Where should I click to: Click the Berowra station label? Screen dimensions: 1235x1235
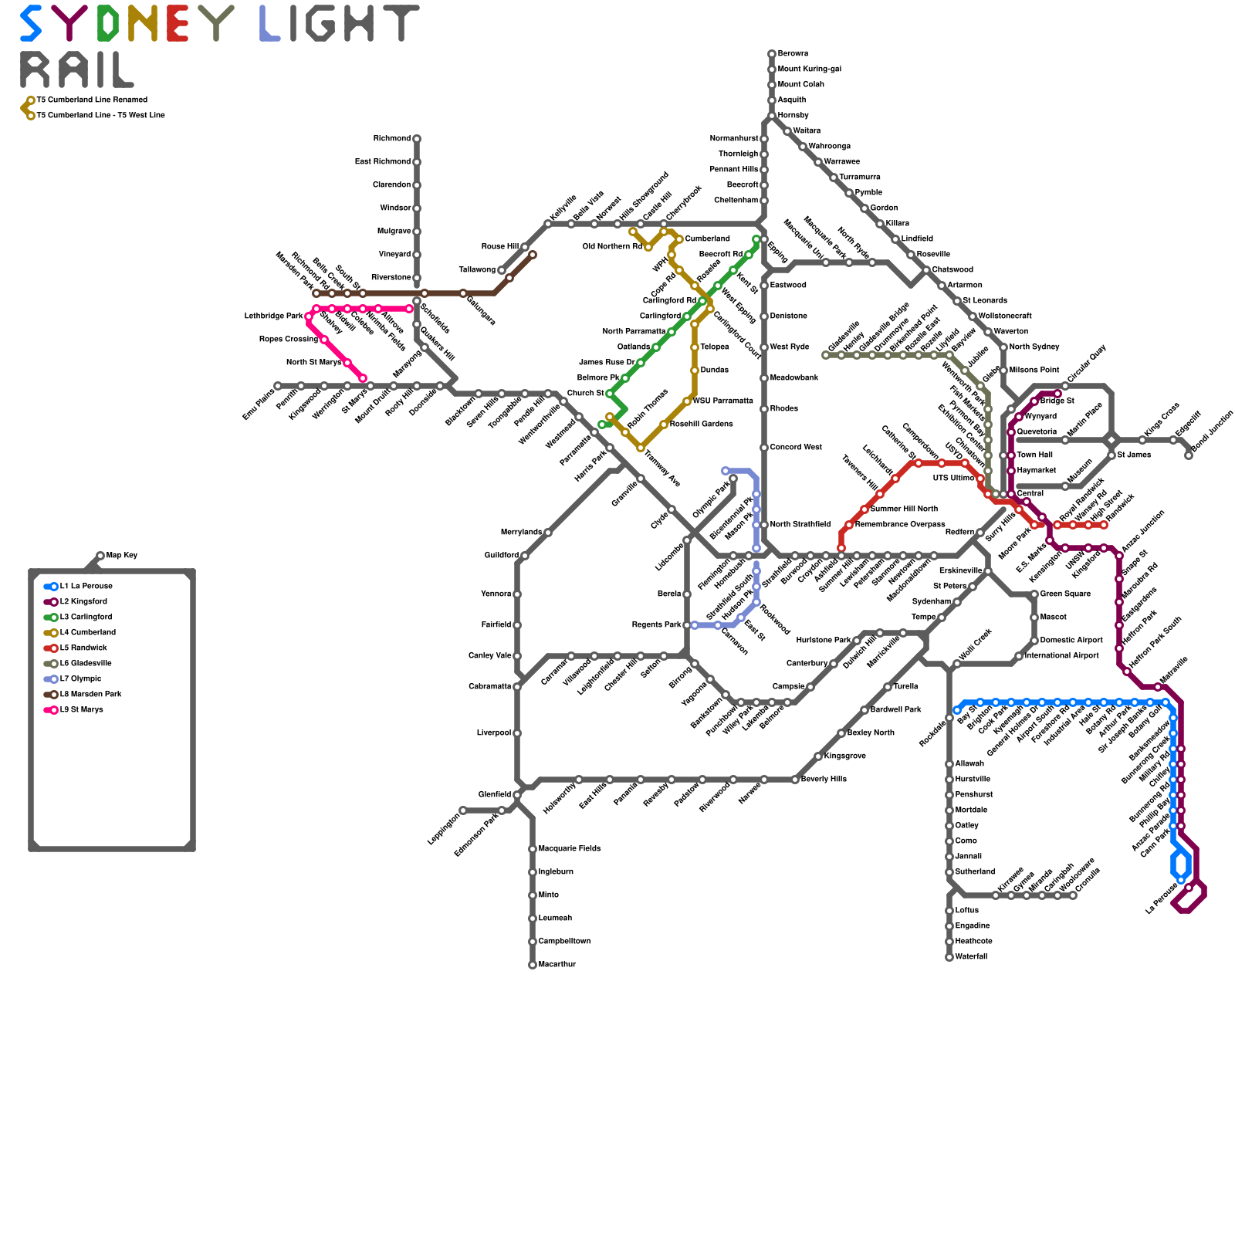[793, 54]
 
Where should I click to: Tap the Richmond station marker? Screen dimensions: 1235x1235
[417, 139]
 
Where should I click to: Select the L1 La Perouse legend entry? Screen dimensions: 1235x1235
[86, 587]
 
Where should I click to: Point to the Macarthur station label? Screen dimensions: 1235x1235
[557, 965]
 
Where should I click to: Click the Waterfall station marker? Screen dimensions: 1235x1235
[949, 957]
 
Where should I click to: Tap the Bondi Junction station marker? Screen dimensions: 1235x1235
[1189, 455]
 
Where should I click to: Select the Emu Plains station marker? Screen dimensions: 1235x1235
[278, 386]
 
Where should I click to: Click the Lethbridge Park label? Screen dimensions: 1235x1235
[273, 316]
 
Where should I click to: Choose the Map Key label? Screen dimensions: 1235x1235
[122, 556]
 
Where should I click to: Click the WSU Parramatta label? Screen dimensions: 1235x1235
[722, 401]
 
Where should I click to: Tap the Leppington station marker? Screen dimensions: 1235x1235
[463, 810]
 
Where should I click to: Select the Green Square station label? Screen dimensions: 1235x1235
[1065, 594]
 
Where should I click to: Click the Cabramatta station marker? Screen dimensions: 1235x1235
[517, 687]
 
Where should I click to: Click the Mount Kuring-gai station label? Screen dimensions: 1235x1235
[809, 69]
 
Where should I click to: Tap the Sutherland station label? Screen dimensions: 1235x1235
[975, 872]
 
